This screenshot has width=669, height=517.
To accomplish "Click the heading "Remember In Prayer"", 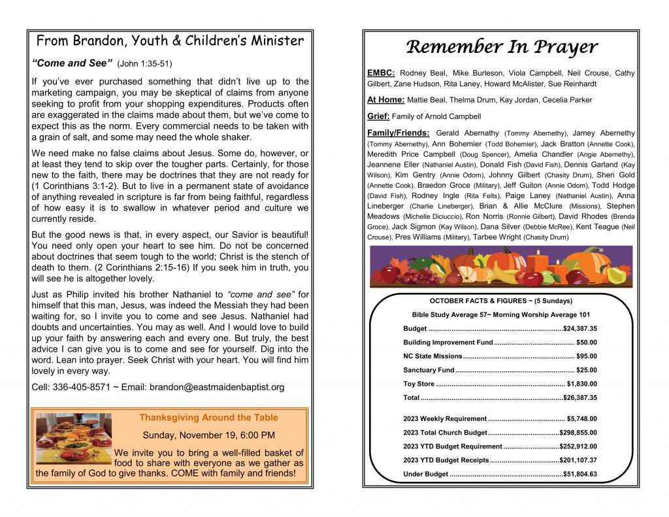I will click(501, 47).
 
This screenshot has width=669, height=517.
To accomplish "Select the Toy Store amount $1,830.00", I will click(581, 384).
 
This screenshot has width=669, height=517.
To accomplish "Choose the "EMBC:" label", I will click(381, 73).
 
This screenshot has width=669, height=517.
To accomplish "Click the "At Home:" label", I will click(385, 100).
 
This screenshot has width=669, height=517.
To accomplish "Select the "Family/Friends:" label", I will click(398, 133).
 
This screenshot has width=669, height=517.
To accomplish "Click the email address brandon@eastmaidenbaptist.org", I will click(217, 387).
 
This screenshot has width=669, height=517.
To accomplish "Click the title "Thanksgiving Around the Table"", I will click(208, 418).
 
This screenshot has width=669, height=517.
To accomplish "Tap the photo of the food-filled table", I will click(73, 439).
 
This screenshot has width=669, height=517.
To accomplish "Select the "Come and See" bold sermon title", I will click(71, 63).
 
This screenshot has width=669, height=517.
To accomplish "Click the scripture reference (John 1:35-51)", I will click(144, 64).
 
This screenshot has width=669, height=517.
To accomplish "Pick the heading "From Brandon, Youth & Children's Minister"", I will click(170, 41).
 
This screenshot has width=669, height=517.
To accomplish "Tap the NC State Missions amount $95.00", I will click(586, 356).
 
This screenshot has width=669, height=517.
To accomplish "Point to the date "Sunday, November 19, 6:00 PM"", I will click(208, 435).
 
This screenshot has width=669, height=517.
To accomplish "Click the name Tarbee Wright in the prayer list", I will click(497, 237).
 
